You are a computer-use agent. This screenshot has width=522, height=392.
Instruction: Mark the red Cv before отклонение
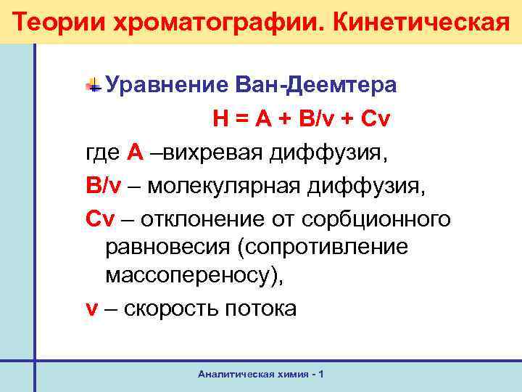[x=99, y=217]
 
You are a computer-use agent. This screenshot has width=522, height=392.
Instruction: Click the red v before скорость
[x=91, y=309]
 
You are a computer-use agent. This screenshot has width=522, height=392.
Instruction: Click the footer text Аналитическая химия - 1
[x=260, y=373]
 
